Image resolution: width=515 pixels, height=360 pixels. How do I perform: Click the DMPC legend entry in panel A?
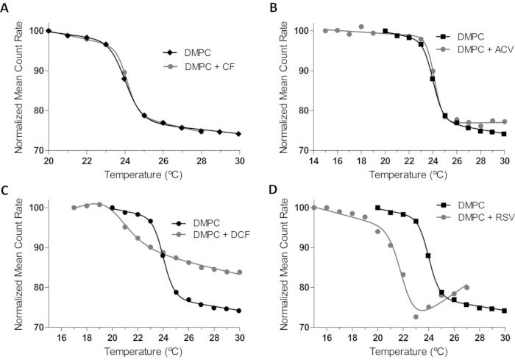[x=190, y=52]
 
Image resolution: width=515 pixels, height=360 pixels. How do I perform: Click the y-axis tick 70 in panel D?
[x=299, y=327]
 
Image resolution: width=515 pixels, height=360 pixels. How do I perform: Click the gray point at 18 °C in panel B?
[x=361, y=27]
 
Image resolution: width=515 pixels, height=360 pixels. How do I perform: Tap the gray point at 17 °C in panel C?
[x=74, y=208]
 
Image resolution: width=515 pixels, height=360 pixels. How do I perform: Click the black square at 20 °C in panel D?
[x=378, y=208]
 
